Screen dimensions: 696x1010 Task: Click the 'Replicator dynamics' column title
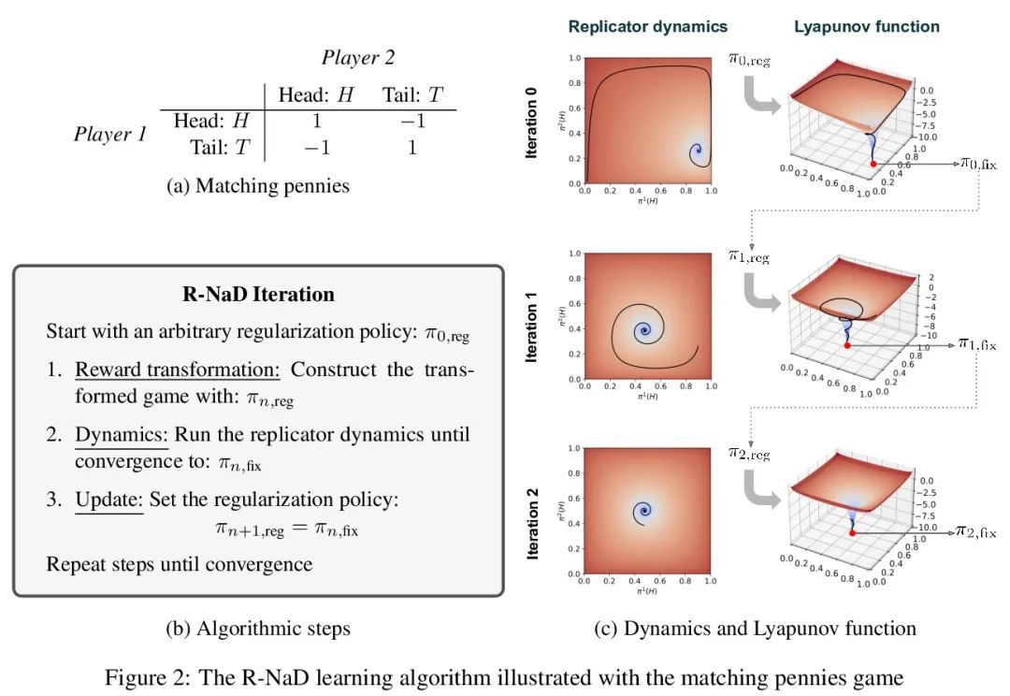647,26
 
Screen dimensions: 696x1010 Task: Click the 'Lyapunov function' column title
867,26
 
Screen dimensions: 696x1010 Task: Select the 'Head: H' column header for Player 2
316,94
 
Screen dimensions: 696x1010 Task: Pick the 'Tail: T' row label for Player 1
220,147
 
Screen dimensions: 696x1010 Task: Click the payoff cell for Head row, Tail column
411,121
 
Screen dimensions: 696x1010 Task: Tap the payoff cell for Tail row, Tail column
411,147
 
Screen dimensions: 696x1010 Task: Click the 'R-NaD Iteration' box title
258,294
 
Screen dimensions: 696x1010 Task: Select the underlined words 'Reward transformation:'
178,369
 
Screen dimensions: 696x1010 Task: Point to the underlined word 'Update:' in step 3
109,499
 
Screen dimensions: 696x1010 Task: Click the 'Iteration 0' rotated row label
532,123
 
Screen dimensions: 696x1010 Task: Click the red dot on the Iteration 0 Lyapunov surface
873,164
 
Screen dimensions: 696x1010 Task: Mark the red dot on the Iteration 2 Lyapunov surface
852,532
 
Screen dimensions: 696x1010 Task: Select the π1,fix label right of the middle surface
976,344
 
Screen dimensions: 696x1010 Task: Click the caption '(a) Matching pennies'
258,185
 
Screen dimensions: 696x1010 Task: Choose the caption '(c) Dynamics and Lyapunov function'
755,628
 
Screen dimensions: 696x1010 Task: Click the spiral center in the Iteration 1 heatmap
642,331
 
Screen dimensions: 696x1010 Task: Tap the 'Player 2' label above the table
358,57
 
